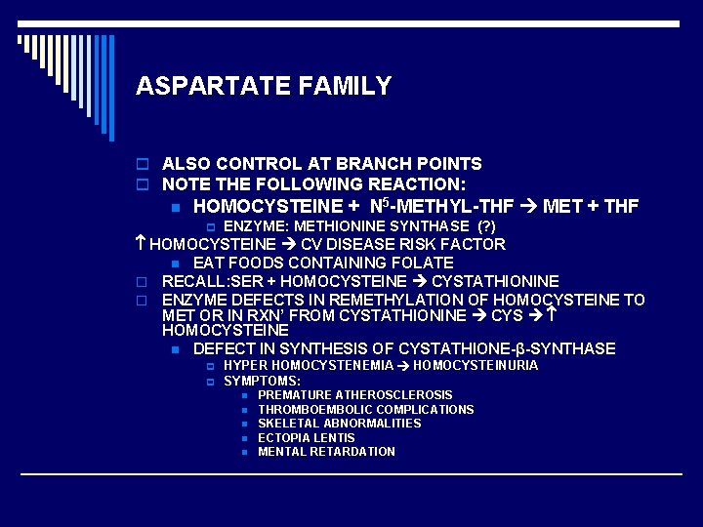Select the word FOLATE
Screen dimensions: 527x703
420,263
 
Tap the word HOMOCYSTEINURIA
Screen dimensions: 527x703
476,365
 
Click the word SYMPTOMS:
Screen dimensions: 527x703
263,380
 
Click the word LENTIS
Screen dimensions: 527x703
335,438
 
